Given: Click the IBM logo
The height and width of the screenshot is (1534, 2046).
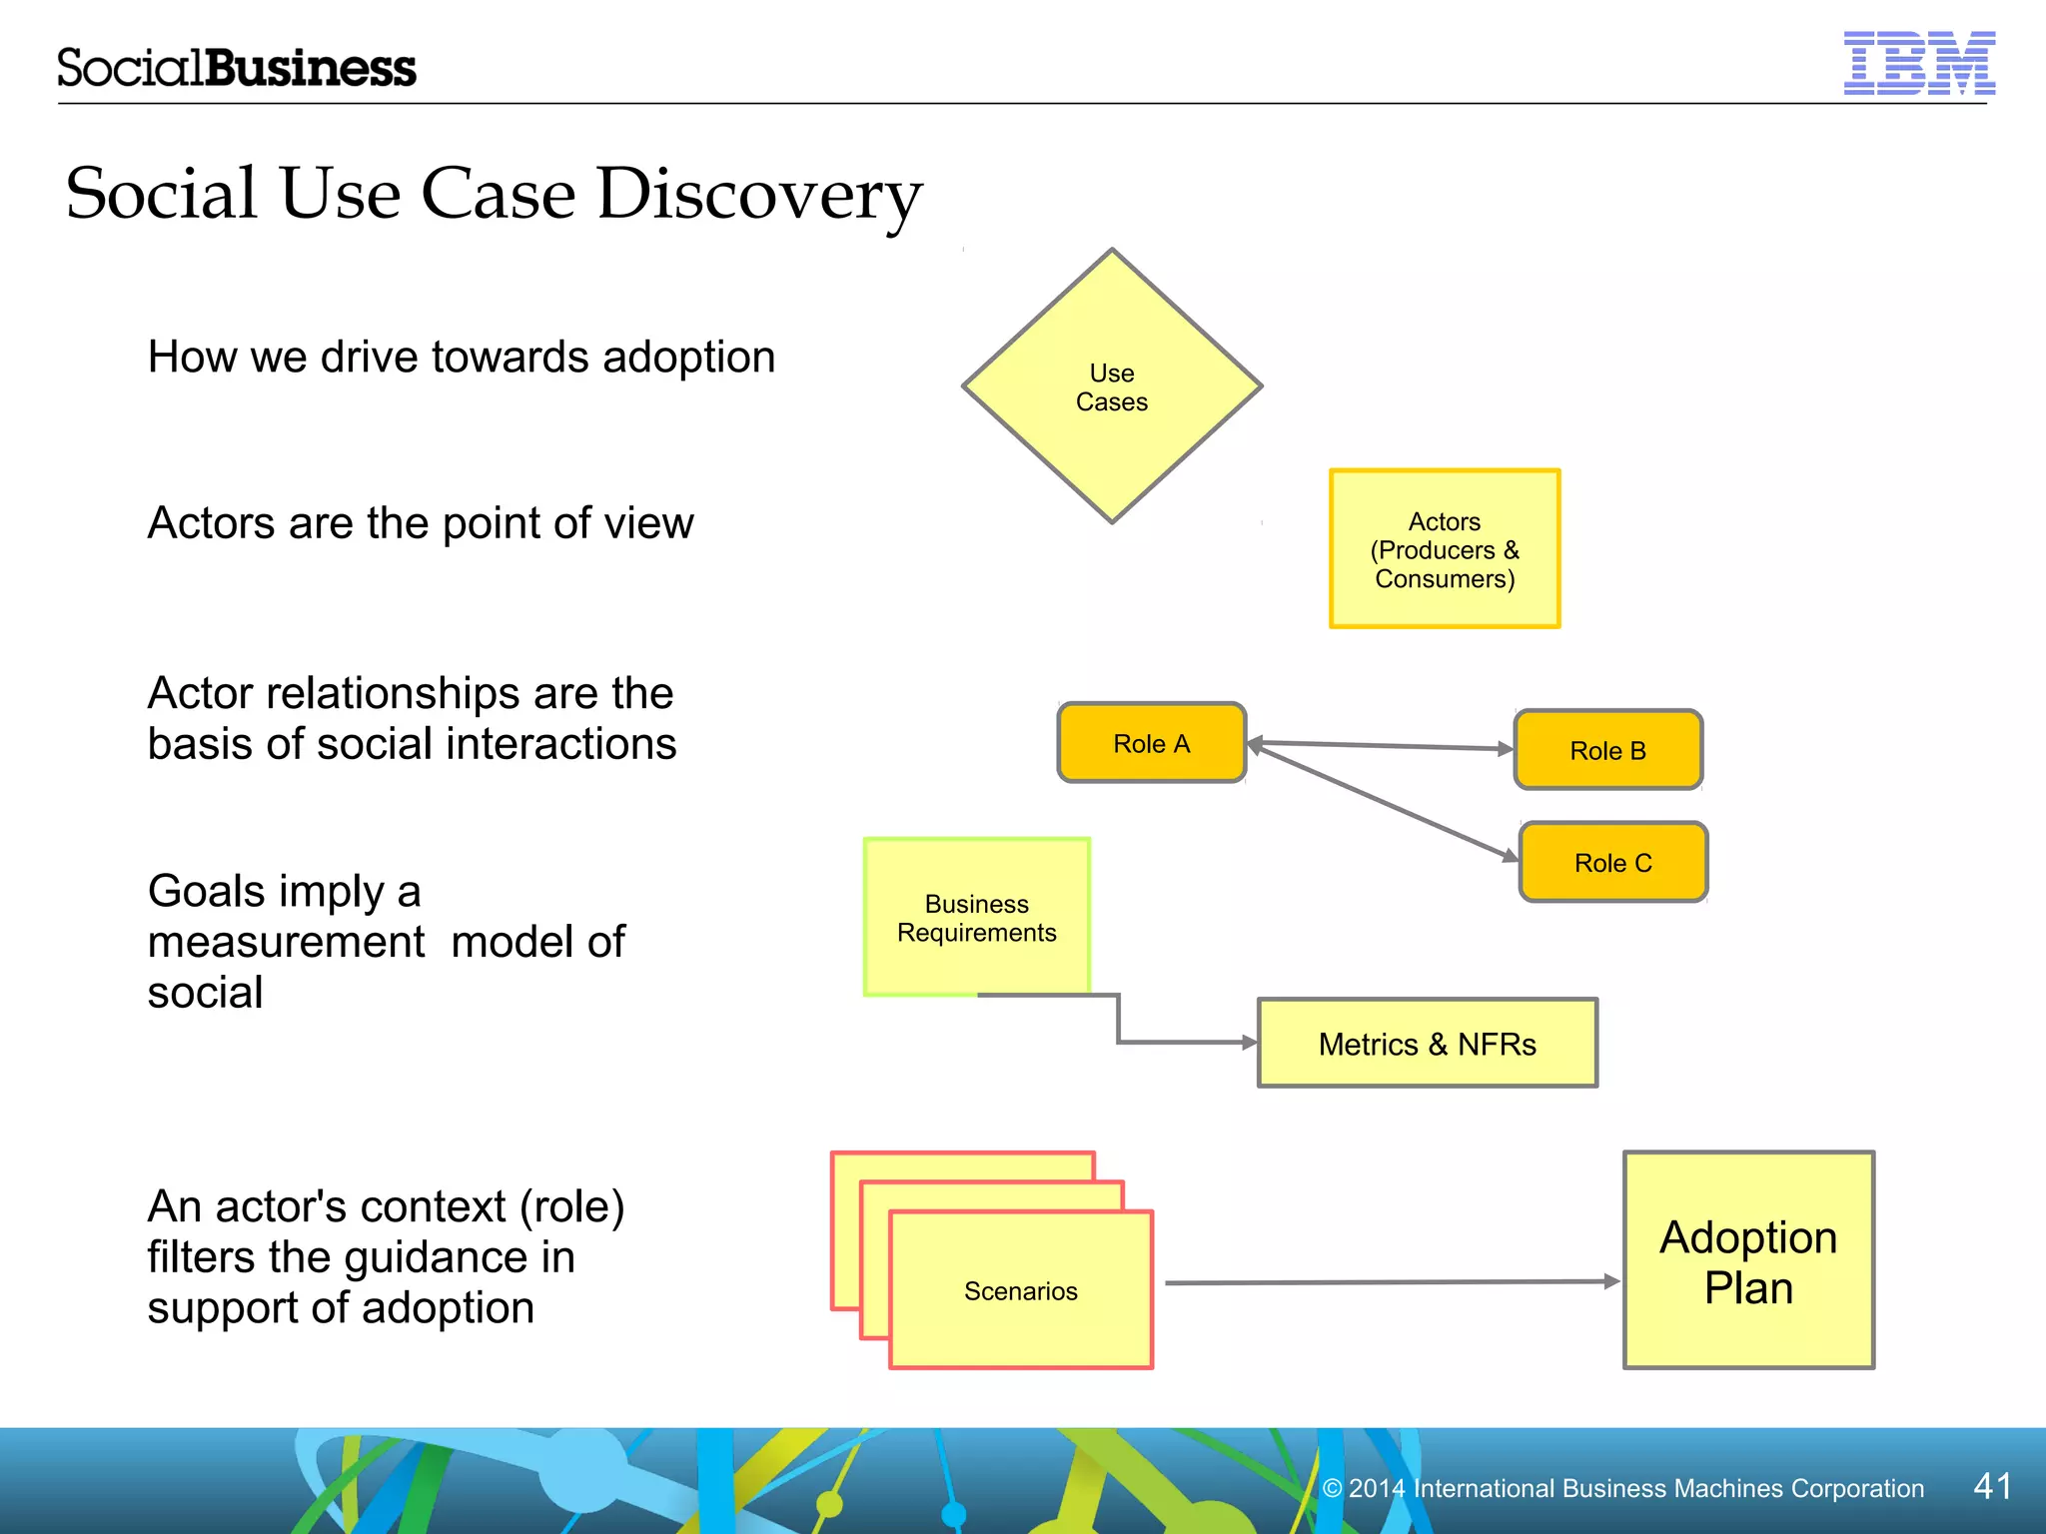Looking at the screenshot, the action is click(x=1918, y=64).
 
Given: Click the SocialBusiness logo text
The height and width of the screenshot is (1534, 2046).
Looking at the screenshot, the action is click(x=236, y=68).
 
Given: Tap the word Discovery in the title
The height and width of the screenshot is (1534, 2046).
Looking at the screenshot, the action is click(x=759, y=194).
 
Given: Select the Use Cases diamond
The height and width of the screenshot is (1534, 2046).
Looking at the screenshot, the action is click(x=1111, y=386).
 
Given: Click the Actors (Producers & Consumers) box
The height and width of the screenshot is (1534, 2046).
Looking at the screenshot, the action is click(x=1444, y=549).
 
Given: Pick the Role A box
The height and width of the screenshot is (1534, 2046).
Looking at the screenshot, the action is click(x=1151, y=743).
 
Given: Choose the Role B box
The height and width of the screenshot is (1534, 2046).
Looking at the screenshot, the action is click(x=1607, y=750).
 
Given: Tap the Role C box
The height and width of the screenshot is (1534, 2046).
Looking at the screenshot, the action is click(x=1612, y=863).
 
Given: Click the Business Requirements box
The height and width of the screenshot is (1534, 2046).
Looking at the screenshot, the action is click(x=976, y=917).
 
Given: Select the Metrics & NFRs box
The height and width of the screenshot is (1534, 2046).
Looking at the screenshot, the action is click(x=1427, y=1044).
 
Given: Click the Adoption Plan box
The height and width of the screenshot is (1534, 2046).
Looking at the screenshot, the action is click(x=1748, y=1261).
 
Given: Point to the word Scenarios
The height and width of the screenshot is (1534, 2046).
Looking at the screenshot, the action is click(x=1020, y=1291).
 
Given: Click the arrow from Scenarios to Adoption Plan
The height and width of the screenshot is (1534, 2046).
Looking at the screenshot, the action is click(x=1389, y=1282).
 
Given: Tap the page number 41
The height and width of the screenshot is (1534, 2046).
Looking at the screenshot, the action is click(x=1992, y=1486).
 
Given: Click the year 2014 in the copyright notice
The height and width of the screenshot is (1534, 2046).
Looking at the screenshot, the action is click(x=1377, y=1488).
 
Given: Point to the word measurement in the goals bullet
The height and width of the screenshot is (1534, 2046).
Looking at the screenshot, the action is click(x=286, y=942).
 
